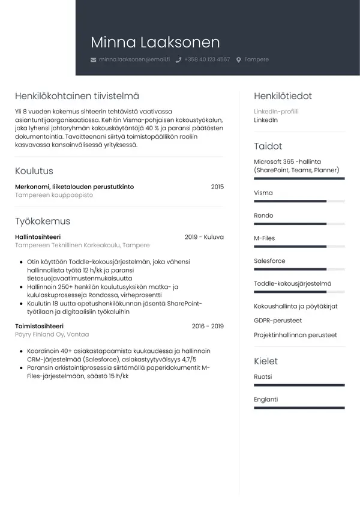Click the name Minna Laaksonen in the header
[x=155, y=43]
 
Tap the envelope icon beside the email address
[x=93, y=60]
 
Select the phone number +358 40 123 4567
[x=207, y=59]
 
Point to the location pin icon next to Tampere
[x=239, y=60]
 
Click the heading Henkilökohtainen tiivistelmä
[x=77, y=95]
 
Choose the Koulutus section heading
[x=34, y=170]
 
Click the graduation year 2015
[x=217, y=187]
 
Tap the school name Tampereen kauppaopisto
[x=54, y=195]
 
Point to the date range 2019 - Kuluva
[x=204, y=236]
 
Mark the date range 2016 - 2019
[x=208, y=326]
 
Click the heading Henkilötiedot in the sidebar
[x=283, y=95]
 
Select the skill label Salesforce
[x=269, y=261]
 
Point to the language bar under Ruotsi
[x=299, y=385]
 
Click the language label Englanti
[x=266, y=399]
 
